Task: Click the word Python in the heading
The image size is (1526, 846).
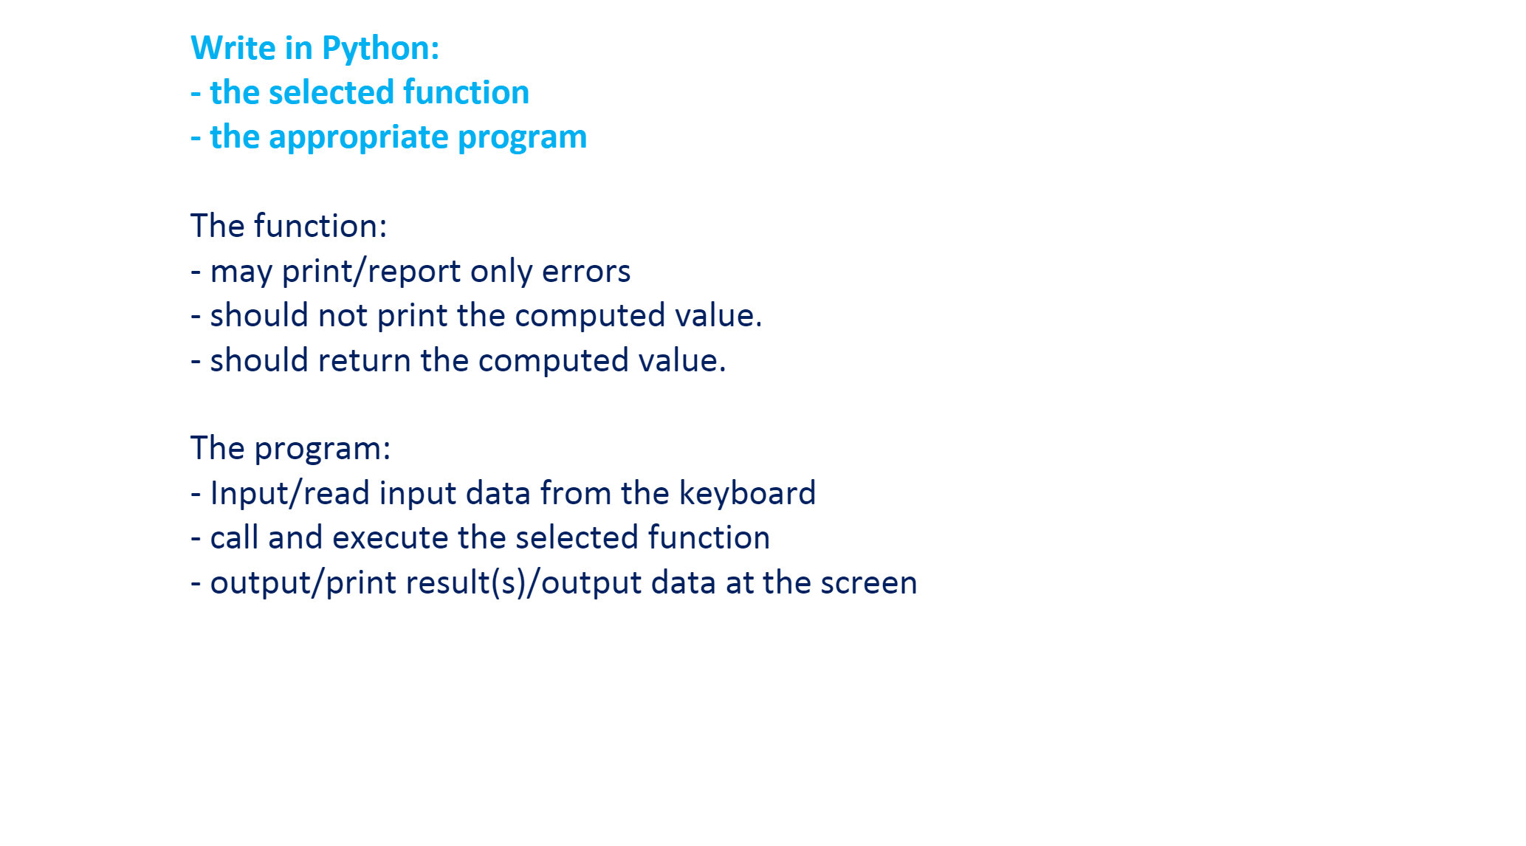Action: pyautogui.click(x=380, y=49)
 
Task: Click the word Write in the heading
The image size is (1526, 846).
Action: pyautogui.click(x=233, y=49)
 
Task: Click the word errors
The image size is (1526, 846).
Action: pyautogui.click(x=586, y=272)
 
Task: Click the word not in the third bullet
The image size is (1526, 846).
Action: pyautogui.click(x=343, y=316)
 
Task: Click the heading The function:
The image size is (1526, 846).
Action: pyautogui.click(x=289, y=227)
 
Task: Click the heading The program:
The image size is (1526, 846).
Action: pyautogui.click(x=290, y=449)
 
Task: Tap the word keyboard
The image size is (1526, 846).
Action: pyautogui.click(x=747, y=494)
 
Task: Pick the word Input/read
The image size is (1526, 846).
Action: pyautogui.click(x=289, y=494)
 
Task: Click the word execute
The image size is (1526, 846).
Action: pyautogui.click(x=390, y=538)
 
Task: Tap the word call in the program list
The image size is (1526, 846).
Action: pyautogui.click(x=234, y=538)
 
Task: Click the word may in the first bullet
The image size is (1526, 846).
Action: pyautogui.click(x=241, y=272)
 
